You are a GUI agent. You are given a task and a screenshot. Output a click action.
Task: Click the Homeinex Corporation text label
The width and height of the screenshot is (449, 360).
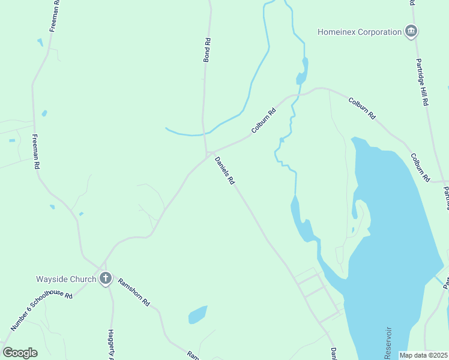pyautogui.click(x=360, y=32)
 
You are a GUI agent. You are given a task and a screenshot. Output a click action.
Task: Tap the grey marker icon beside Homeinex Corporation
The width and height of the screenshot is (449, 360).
pyautogui.click(x=411, y=32)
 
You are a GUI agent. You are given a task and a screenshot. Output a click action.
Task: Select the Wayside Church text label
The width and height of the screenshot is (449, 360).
pyautogui.click(x=66, y=279)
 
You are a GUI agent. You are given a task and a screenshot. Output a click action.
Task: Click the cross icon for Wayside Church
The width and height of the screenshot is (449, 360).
pyautogui.click(x=106, y=278)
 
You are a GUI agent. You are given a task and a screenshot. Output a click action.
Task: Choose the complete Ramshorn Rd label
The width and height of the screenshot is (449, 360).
pyautogui.click(x=133, y=292)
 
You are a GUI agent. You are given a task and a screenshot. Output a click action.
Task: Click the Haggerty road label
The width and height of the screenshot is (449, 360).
pyautogui.click(x=111, y=344)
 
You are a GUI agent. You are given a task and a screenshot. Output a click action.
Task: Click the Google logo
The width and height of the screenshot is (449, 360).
pyautogui.click(x=20, y=352)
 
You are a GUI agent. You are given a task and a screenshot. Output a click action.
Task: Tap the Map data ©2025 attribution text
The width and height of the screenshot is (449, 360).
pyautogui.click(x=423, y=355)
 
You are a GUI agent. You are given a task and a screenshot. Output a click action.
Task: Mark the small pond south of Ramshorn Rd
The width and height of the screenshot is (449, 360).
pyautogui.click(x=197, y=314)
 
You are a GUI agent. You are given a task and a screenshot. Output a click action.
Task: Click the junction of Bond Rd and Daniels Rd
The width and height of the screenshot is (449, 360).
pyautogui.click(x=208, y=154)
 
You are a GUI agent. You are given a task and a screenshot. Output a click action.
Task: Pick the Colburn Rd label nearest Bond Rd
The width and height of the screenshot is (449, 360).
pyautogui.click(x=264, y=120)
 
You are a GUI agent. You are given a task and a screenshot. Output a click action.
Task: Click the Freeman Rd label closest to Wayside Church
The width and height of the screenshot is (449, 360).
pyautogui.click(x=36, y=151)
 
